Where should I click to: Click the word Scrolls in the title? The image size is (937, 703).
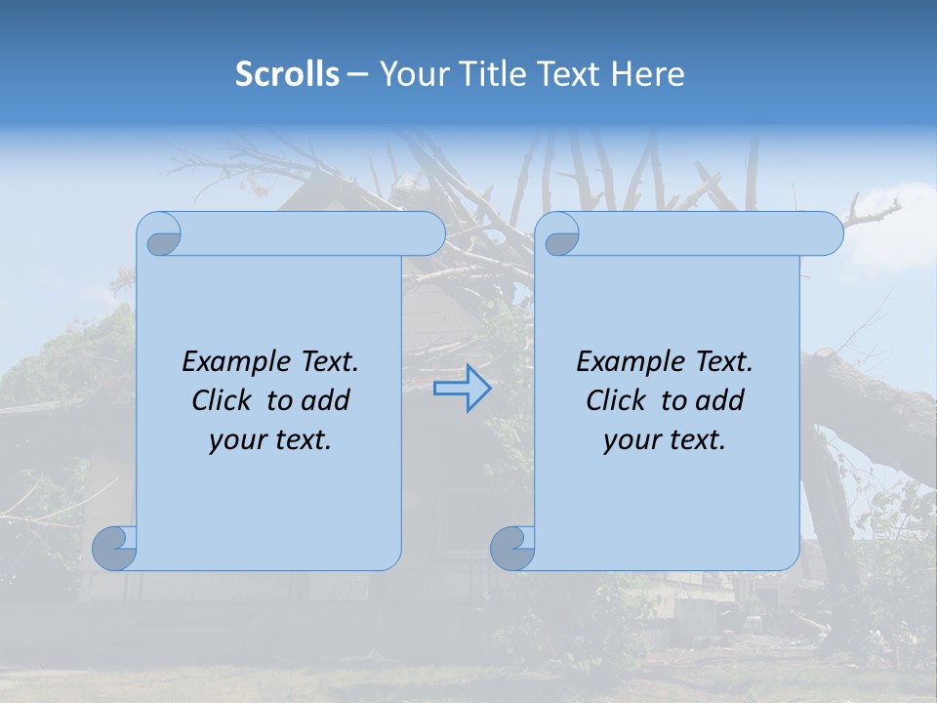click(287, 74)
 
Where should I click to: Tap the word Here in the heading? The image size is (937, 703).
click(648, 74)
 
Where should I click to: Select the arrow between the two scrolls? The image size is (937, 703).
click(462, 388)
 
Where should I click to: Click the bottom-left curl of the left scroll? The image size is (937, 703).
click(115, 548)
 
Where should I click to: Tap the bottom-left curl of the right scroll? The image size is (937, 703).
click(512, 548)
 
